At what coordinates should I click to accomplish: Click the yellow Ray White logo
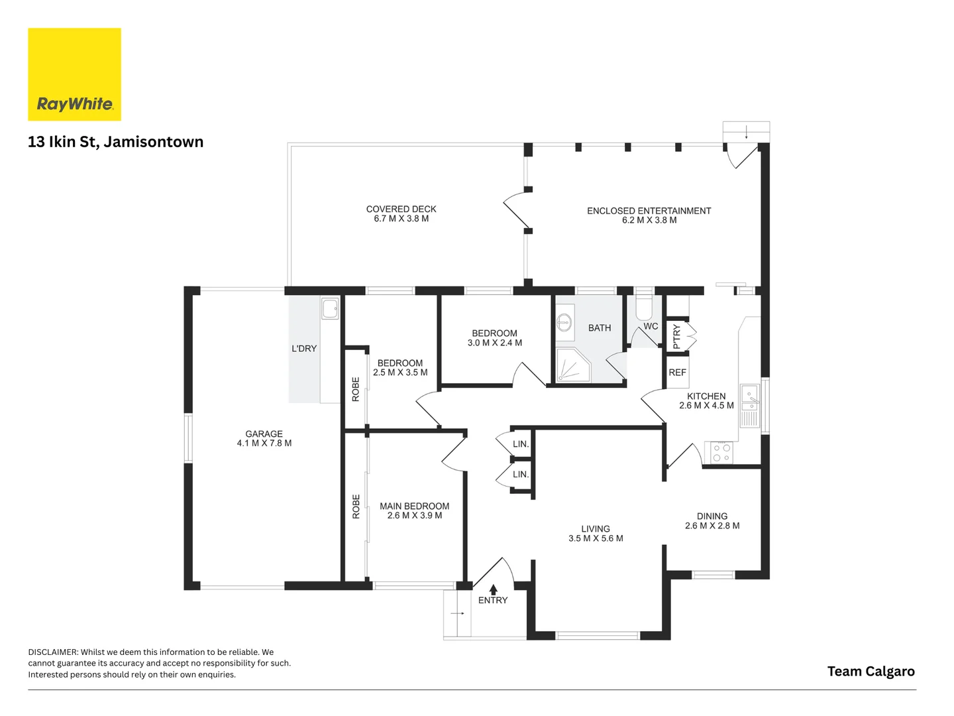click(74, 74)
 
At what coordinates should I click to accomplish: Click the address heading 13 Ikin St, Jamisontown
click(116, 142)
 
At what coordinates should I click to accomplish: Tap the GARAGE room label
click(264, 434)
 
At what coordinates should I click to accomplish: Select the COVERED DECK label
click(401, 209)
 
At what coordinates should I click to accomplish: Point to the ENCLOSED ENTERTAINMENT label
click(649, 211)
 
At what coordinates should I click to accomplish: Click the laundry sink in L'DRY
click(330, 308)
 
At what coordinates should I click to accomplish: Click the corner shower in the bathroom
click(573, 365)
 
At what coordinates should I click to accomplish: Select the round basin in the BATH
click(564, 323)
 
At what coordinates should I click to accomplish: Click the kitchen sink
click(749, 405)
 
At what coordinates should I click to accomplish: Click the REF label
click(677, 373)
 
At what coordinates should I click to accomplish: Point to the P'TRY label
click(676, 337)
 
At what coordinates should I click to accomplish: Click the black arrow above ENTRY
click(493, 589)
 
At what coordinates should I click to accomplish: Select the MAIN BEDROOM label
click(414, 506)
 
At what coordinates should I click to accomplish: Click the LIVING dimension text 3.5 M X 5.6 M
click(596, 538)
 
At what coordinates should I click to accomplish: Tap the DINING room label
click(712, 516)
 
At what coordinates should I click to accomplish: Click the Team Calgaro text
click(871, 672)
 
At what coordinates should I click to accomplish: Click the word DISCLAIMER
click(53, 652)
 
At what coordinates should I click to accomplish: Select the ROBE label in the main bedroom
click(356, 507)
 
